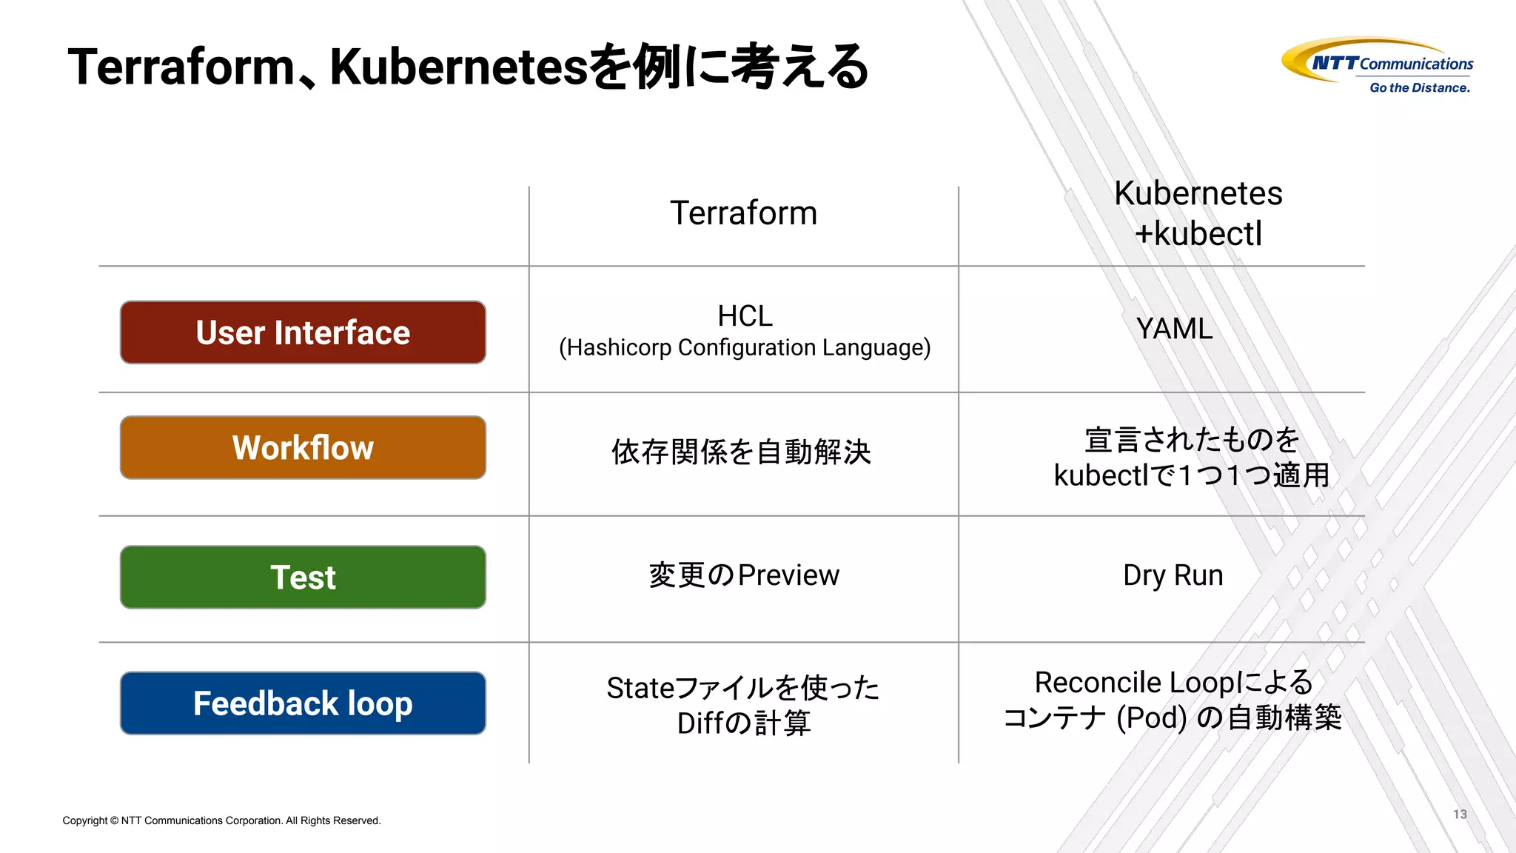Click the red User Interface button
303,332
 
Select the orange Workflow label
303,447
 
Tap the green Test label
303,577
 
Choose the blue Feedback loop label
303,703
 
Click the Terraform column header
743,213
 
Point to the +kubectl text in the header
1198,234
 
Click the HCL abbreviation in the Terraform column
745,316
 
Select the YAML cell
1174,329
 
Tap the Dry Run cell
1173,575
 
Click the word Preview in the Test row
788,575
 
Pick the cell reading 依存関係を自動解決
742,452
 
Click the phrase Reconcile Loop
1133,682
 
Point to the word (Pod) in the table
1151,717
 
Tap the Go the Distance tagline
1419,88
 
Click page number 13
1460,814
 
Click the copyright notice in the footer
221,820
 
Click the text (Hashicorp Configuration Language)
745,348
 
